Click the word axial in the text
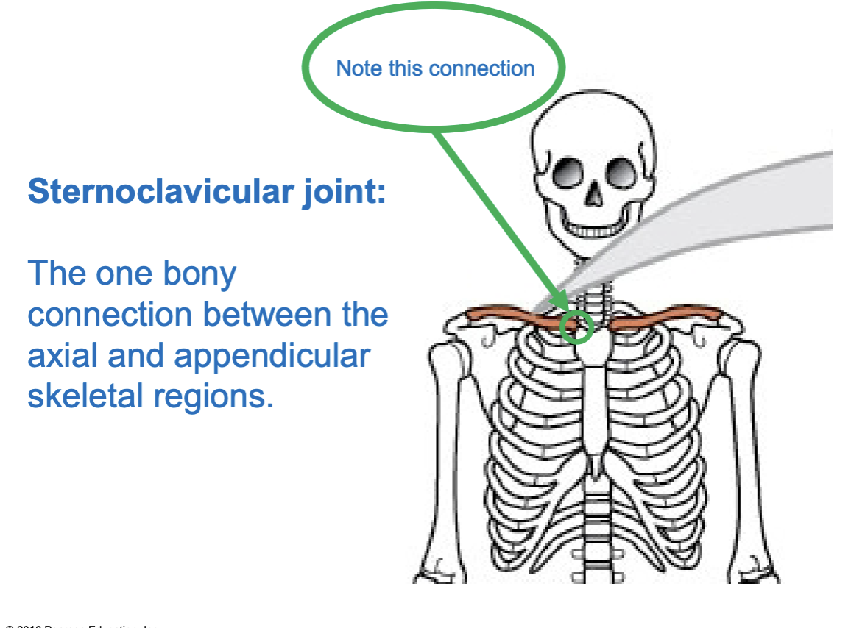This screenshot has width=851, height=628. [60, 356]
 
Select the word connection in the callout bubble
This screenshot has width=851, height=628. [481, 68]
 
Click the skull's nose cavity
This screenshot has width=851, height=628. [593, 196]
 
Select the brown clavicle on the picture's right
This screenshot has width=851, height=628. [663, 318]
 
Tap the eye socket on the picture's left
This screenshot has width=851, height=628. [568, 174]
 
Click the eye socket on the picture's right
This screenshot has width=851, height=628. [618, 174]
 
